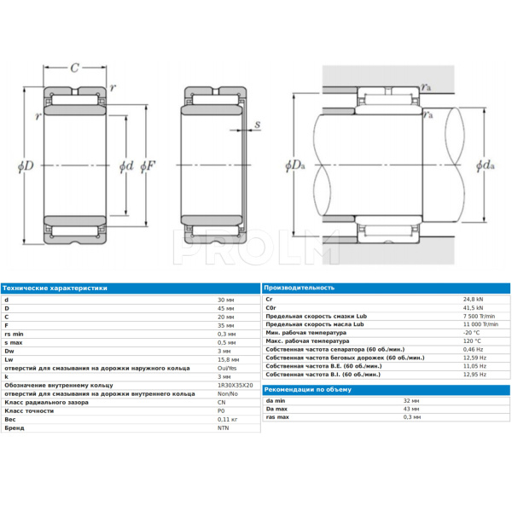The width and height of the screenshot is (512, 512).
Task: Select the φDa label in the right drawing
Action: tap(294, 164)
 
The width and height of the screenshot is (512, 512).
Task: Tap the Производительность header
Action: tap(300, 288)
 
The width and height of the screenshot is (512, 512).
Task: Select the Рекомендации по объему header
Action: tap(307, 389)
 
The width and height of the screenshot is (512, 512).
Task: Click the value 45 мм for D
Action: tap(226, 308)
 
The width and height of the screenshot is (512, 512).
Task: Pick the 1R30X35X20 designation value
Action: tap(236, 385)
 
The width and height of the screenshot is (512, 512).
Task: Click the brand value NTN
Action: tap(224, 428)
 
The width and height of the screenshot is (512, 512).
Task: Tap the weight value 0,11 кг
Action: tap(228, 419)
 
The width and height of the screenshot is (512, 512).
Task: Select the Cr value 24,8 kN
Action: tap(473, 300)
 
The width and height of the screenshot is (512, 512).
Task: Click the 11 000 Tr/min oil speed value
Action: tap(479, 324)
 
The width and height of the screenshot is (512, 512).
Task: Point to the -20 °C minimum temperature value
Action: tap(472, 333)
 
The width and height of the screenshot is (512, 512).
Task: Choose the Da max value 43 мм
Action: tap(411, 409)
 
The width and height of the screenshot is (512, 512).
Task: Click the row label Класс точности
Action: tap(28, 410)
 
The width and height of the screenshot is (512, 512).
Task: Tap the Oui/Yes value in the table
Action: tap(229, 368)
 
